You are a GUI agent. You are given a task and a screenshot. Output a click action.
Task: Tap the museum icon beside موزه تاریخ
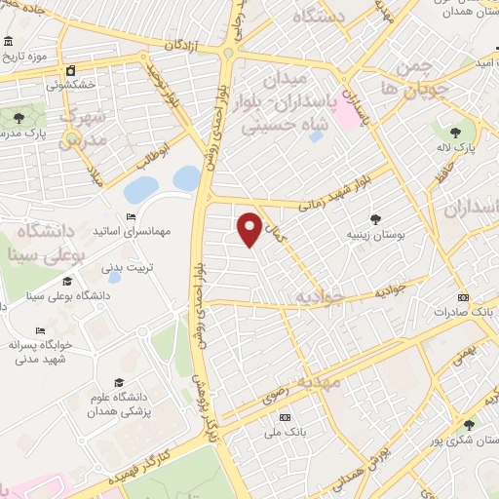tap(9, 43)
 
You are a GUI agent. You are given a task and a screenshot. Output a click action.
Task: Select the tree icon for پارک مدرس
tap(19, 118)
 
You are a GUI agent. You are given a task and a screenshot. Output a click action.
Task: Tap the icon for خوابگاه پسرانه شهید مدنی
tap(39, 330)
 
